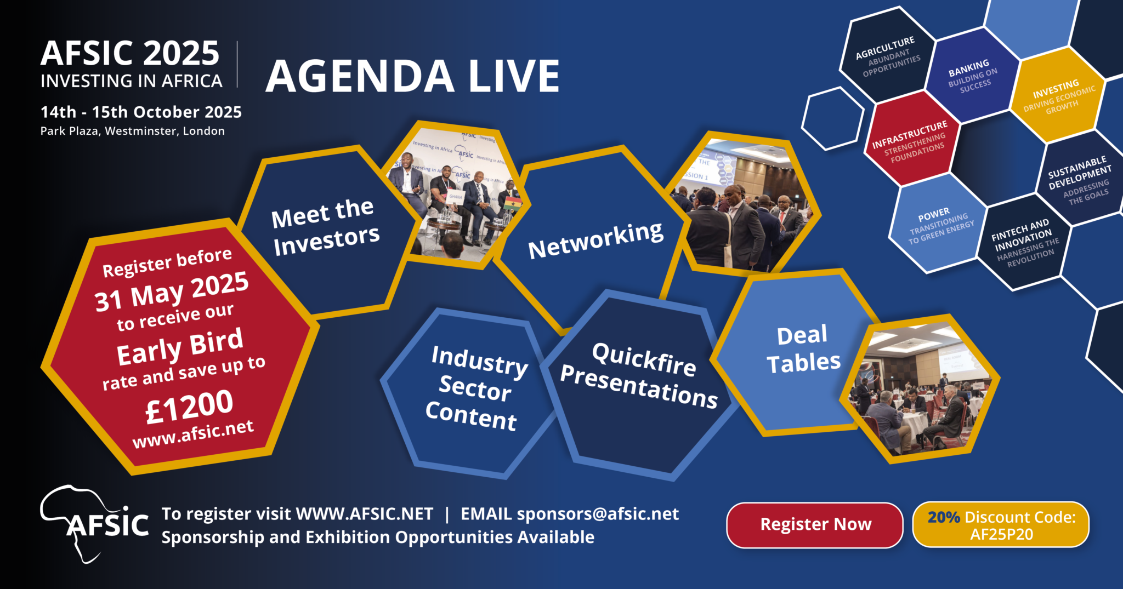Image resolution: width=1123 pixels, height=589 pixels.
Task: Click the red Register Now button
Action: pyautogui.click(x=815, y=525)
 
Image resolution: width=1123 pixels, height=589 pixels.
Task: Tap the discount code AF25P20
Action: pyautogui.click(x=1001, y=534)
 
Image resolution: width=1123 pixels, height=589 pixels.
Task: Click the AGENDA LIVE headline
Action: pyautogui.click(x=412, y=76)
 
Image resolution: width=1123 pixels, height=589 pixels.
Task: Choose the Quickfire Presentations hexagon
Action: pyautogui.click(x=638, y=386)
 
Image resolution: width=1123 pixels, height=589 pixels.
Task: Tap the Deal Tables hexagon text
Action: pyautogui.click(x=803, y=350)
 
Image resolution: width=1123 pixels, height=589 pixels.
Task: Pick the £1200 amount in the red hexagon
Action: pyautogui.click(x=189, y=407)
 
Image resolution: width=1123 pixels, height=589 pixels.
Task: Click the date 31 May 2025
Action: pyautogui.click(x=172, y=291)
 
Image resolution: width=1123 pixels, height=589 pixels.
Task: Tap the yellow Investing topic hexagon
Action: pyautogui.click(x=1058, y=96)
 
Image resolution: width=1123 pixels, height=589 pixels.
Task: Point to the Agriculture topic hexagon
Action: pyautogui.click(x=888, y=56)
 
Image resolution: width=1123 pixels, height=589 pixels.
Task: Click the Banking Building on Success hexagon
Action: pyautogui.click(x=972, y=76)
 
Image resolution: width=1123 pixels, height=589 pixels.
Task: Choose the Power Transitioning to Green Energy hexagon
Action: pyautogui.click(x=938, y=224)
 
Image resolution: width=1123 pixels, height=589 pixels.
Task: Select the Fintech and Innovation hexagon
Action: pyautogui.click(x=1024, y=242)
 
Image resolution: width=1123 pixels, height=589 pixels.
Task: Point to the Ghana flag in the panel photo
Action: pyautogui.click(x=513, y=203)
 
